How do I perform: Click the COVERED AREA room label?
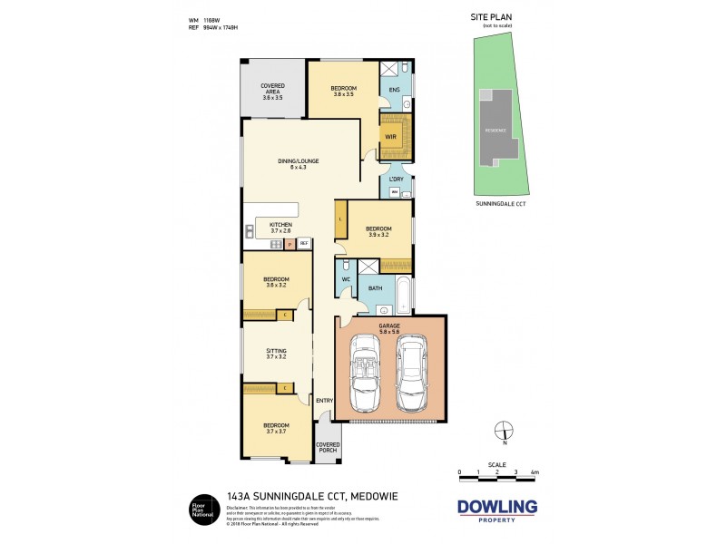[273, 92]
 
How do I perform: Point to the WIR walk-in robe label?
[390, 137]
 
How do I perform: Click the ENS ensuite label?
[394, 90]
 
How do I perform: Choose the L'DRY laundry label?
[396, 180]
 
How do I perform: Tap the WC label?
[346, 278]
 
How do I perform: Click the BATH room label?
[376, 289]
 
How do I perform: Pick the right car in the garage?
[415, 372]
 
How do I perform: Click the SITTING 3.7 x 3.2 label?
[276, 354]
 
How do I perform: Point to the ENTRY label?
[323, 401]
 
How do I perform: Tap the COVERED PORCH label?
[327, 448]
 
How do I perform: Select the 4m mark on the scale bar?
[535, 473]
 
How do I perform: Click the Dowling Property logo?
[496, 510]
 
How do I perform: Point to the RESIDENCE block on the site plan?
[495, 129]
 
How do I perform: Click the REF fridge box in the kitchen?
[304, 243]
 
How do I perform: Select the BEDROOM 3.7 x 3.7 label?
[276, 429]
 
